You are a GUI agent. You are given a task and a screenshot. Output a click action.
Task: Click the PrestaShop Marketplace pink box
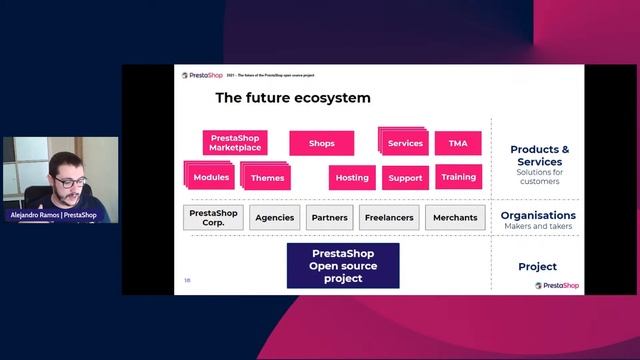[x=234, y=143]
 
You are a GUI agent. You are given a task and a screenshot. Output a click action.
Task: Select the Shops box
[x=321, y=143]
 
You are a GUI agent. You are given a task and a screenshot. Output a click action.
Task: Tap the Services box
[x=405, y=143]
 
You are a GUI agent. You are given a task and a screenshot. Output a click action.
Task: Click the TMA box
[x=458, y=143]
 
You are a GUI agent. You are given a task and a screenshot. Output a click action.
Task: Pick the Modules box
[x=211, y=177]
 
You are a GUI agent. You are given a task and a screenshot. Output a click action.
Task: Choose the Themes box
[x=267, y=178]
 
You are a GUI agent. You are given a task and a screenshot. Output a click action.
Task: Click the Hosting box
[x=352, y=178]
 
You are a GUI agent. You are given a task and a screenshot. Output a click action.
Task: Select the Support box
[x=405, y=178]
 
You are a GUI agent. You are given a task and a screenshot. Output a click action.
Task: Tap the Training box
[x=458, y=177]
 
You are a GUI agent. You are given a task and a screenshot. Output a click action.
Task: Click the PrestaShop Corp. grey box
[x=212, y=217]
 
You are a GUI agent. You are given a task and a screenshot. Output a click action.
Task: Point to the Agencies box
[x=275, y=217]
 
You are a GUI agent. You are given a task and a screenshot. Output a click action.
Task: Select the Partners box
[x=329, y=217]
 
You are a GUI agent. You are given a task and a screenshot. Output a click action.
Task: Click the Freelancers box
[x=389, y=217]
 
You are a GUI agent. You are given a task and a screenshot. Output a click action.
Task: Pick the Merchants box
[x=455, y=217]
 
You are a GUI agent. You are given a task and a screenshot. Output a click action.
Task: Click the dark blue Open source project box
[x=343, y=266]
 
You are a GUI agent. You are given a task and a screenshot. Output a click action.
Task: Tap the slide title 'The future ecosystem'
[x=293, y=98]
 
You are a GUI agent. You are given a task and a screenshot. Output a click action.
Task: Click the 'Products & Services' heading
[x=540, y=155]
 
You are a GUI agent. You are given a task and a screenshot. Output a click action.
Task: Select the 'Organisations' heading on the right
[x=538, y=215]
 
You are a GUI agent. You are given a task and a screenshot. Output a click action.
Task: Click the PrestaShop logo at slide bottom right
[x=556, y=285]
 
